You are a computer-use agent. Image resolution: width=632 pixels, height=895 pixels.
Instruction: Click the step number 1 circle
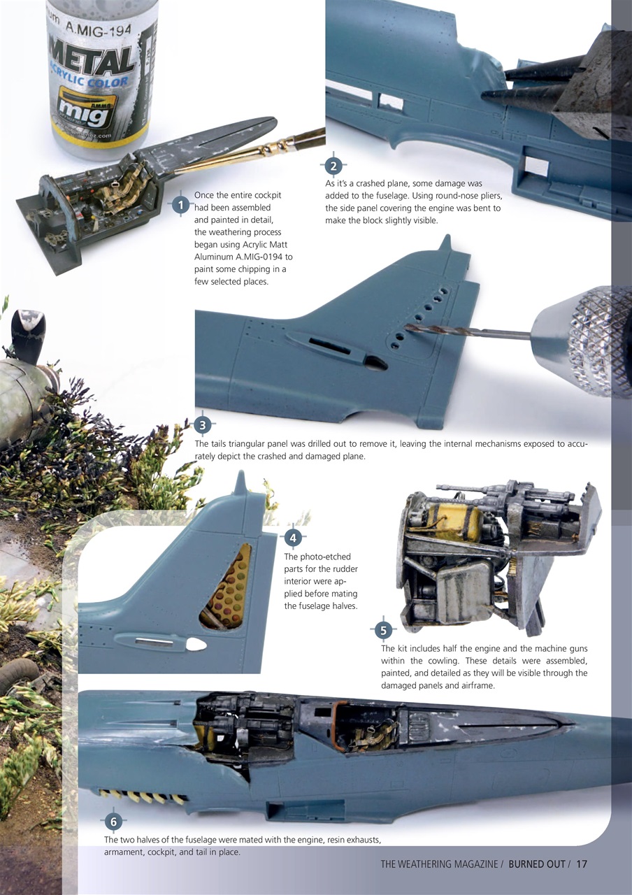(181, 205)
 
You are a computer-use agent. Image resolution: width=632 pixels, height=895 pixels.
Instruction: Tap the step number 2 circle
(333, 166)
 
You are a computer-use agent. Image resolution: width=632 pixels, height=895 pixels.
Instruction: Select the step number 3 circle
(202, 424)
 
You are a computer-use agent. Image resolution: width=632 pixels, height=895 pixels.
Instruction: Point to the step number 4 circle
(294, 538)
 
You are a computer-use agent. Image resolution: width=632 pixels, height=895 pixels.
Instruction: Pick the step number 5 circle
(382, 631)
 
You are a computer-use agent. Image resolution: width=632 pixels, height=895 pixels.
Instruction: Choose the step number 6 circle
(115, 821)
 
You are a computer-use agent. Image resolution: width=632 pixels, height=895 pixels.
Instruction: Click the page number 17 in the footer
(582, 864)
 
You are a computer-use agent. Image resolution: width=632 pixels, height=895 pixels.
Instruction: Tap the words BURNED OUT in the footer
(536, 864)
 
